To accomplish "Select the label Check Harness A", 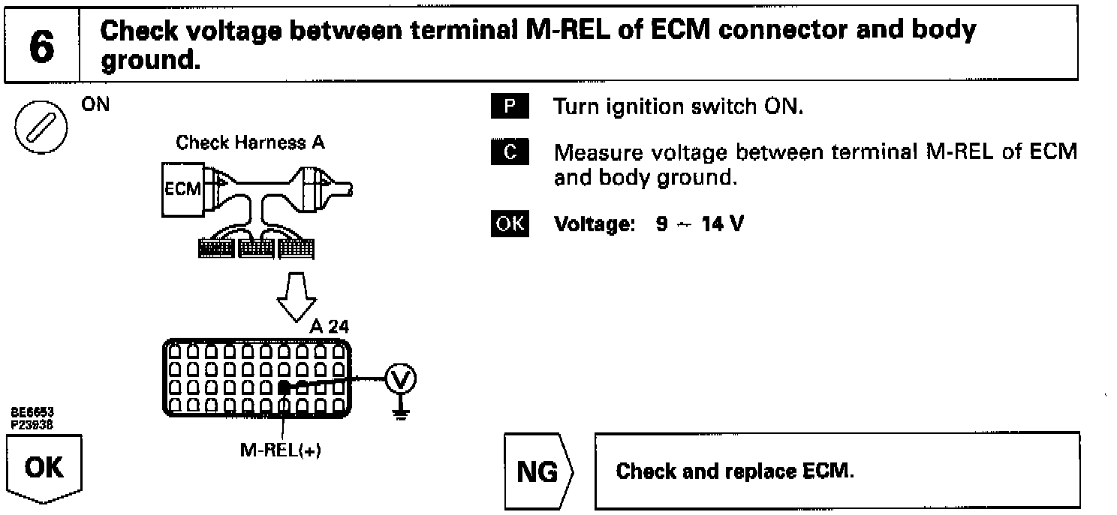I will pyautogui.click(x=250, y=143).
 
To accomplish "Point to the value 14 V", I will pyautogui.click(x=722, y=224).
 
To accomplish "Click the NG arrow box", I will pyautogui.click(x=540, y=471).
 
